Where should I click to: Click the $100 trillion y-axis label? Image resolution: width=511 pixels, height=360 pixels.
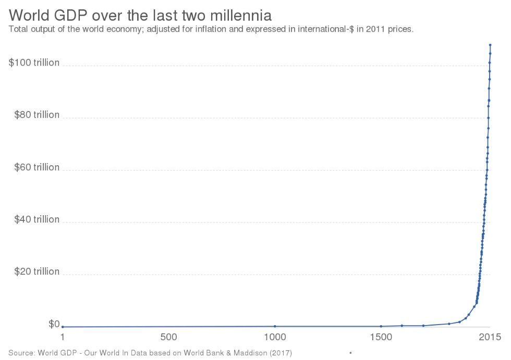(34, 63)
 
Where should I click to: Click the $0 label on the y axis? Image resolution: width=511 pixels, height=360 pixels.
(54, 324)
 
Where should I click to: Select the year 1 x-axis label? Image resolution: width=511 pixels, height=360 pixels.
(63, 337)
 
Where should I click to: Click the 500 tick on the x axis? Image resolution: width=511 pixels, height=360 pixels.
(168, 337)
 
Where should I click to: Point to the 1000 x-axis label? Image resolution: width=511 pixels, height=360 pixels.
(275, 337)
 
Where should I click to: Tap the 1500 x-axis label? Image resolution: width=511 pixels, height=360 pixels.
(381, 337)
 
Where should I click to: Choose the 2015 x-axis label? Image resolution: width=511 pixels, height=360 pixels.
(490, 337)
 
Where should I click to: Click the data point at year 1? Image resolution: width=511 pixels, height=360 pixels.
(63, 327)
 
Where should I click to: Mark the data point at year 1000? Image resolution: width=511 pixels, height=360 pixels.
(275, 326)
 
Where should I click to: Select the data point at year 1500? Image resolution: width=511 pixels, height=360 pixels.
(381, 326)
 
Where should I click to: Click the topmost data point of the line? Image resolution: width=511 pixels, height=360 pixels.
(490, 45)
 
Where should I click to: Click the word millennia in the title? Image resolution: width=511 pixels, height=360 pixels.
(241, 14)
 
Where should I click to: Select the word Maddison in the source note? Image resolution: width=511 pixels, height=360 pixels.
(253, 353)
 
